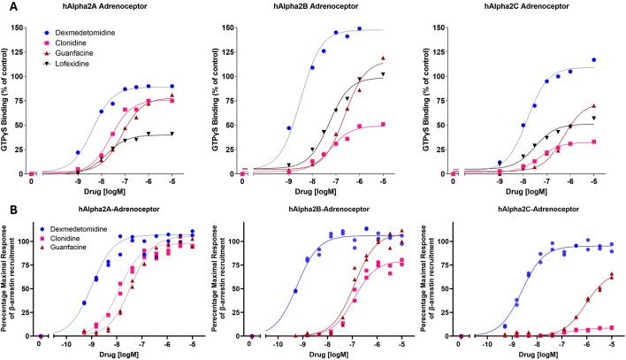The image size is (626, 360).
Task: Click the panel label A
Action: [6, 6]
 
